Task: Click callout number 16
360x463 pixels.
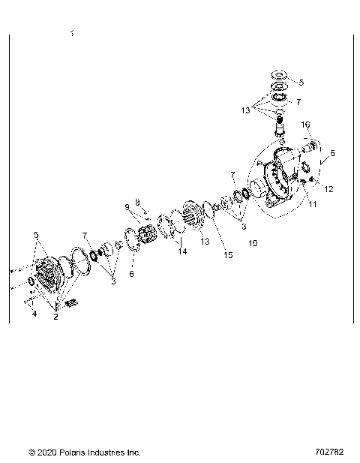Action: pyautogui.click(x=305, y=125)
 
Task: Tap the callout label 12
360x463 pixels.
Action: pyautogui.click(x=328, y=188)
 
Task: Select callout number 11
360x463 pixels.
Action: pyautogui.click(x=313, y=203)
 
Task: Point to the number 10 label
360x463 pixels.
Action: pyautogui.click(x=252, y=244)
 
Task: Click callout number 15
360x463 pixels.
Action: pyautogui.click(x=228, y=255)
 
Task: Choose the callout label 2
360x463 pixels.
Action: pyautogui.click(x=55, y=317)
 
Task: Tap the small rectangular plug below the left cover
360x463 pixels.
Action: pyautogui.click(x=73, y=302)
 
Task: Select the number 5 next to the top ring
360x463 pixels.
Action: pyautogui.click(x=301, y=83)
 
